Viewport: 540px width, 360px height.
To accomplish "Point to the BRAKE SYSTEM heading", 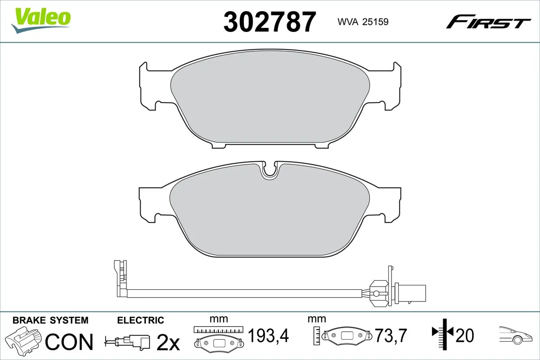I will pos(50,320).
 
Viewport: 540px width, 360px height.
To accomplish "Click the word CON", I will pos(70,342).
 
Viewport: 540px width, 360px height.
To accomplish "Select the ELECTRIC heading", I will pos(140,320).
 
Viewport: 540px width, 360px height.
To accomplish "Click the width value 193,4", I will pos(268,335).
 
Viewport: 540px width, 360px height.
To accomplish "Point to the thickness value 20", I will pos(465,335).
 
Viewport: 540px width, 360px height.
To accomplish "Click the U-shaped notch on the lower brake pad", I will pos(270,170).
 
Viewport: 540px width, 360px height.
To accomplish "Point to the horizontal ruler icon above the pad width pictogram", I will pos(218,330).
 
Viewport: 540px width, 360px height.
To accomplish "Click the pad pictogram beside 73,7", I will pos(347,336).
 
